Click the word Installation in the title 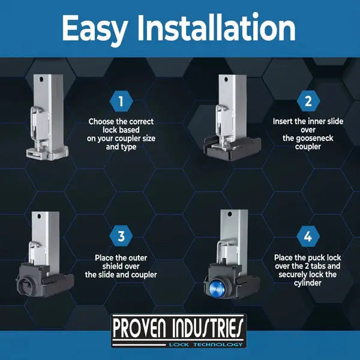tap(217, 27)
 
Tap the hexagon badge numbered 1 tap(121, 101)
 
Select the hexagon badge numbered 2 tap(308, 101)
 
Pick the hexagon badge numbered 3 tap(121, 236)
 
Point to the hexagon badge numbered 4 tap(308, 236)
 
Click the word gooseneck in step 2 tap(308, 139)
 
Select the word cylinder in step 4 tap(308, 283)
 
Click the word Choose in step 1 tap(101, 121)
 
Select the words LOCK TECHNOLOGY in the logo tap(206, 344)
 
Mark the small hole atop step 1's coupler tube tap(41, 79)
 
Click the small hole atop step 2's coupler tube tap(226, 80)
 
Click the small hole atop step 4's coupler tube tap(230, 214)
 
